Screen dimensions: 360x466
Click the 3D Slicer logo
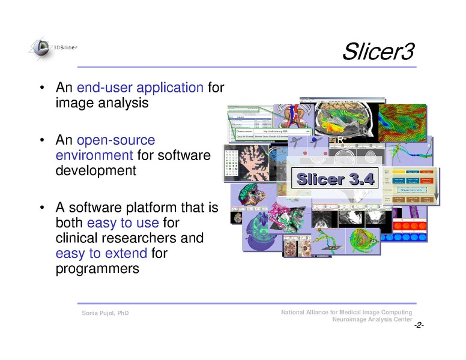pyautogui.click(x=52, y=48)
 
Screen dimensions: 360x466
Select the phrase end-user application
pyautogui.click(x=140, y=88)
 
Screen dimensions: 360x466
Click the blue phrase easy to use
pyautogui.click(x=123, y=223)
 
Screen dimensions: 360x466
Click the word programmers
pyautogui.click(x=97, y=269)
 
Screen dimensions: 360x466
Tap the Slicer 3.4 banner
pyautogui.click(x=336, y=179)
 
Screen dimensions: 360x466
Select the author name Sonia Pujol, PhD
pyautogui.click(x=105, y=314)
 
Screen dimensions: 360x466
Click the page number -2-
pyautogui.click(x=419, y=325)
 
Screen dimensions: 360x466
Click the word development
pyautogui.click(x=95, y=170)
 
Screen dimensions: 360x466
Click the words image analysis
pyautogui.click(x=101, y=103)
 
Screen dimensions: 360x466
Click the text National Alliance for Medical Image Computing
pyautogui.click(x=346, y=313)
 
